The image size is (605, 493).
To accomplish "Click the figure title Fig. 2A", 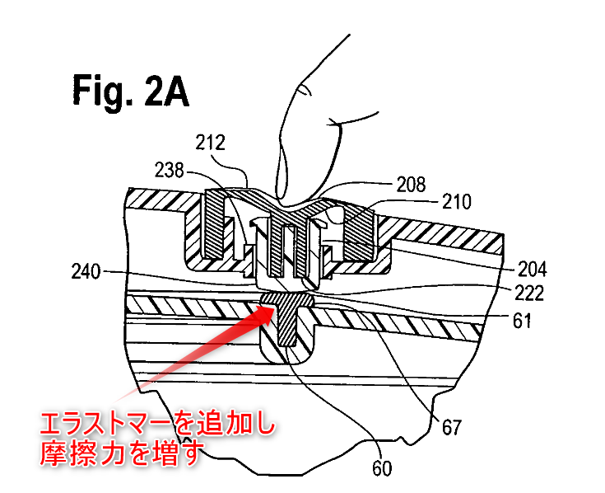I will click(x=129, y=90).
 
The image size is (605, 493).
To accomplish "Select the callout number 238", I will click(x=170, y=170).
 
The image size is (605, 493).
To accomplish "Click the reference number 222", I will click(x=533, y=293).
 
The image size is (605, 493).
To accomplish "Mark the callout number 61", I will click(x=524, y=320).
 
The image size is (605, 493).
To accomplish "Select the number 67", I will click(x=451, y=427).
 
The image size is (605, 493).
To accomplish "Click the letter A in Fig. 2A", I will click(x=175, y=90).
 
